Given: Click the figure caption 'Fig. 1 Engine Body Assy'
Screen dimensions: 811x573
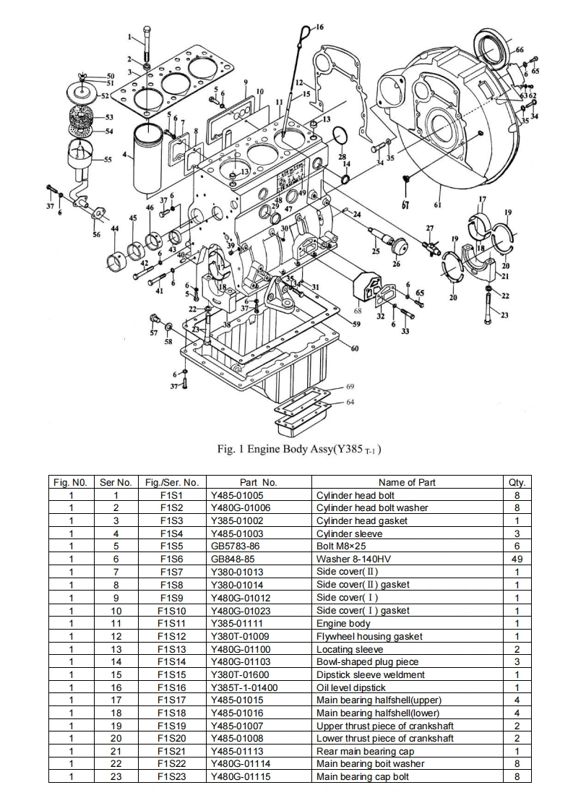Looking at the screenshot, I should pyautogui.click(x=299, y=449).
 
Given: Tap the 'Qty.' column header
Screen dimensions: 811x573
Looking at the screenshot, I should pyautogui.click(x=517, y=482).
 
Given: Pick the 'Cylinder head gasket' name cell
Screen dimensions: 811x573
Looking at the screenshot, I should pyautogui.click(x=361, y=520).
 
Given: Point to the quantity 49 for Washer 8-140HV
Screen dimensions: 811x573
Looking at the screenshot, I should pyautogui.click(x=517, y=559).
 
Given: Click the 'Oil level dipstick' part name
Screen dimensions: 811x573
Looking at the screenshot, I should pyautogui.click(x=351, y=687).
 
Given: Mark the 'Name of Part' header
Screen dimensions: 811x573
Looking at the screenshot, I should pyautogui.click(x=407, y=482).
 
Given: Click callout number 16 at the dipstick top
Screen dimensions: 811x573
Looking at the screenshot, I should pyautogui.click(x=319, y=27).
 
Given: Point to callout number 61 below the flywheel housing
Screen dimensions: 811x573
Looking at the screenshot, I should pyautogui.click(x=438, y=205).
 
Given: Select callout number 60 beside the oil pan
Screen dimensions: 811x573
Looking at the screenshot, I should pyautogui.click(x=355, y=349).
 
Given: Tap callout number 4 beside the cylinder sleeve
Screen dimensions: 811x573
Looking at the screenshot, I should pyautogui.click(x=125, y=155).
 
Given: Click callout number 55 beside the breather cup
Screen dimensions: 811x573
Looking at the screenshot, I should pyautogui.click(x=108, y=160).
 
